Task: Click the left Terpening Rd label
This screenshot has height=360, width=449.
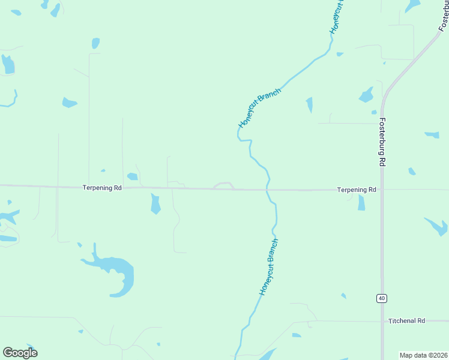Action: click(x=102, y=188)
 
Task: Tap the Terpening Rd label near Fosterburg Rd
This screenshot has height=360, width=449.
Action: click(x=357, y=190)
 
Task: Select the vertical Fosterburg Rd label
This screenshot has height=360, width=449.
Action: click(x=382, y=142)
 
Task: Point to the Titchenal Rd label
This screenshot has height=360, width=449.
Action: click(x=406, y=321)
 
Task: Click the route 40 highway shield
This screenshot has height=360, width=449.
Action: click(x=381, y=298)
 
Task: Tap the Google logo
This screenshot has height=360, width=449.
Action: click(x=20, y=352)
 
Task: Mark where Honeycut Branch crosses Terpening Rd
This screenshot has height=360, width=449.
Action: click(x=268, y=190)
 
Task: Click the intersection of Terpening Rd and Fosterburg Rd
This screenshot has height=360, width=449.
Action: click(x=382, y=190)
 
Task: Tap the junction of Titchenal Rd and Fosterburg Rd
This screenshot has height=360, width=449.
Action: click(x=382, y=321)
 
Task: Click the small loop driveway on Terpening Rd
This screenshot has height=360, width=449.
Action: click(x=223, y=185)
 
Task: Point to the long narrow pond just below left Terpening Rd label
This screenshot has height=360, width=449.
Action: click(x=155, y=203)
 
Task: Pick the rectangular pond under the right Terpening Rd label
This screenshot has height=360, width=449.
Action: click(x=361, y=203)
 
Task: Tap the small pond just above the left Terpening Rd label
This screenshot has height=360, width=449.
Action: click(x=132, y=176)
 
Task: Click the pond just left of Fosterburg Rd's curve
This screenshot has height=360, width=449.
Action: click(x=366, y=95)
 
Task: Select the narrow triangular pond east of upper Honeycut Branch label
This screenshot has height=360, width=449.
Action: click(x=310, y=104)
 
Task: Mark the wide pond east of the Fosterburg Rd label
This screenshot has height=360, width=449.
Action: click(x=432, y=135)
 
